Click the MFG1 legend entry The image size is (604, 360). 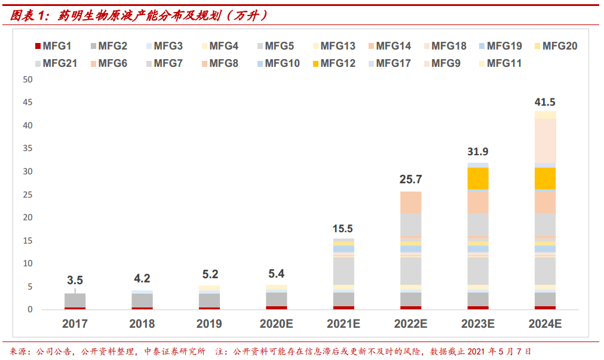[x=53, y=46]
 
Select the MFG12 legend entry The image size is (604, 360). [x=334, y=63]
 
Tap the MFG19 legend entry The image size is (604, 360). [x=501, y=46]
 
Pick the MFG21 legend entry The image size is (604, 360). [x=56, y=63]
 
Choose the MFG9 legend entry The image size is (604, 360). [x=442, y=63]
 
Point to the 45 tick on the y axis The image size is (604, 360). [x=27, y=103]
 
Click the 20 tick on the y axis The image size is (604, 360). [x=27, y=217]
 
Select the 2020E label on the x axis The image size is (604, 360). [x=276, y=324]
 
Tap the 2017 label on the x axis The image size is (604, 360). [x=75, y=324]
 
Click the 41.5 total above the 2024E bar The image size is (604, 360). [x=545, y=102]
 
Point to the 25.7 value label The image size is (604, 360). [x=410, y=180]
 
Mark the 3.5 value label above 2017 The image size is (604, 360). [x=75, y=281]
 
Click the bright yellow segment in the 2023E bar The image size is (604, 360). [x=478, y=179]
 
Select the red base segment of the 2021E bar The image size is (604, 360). [x=344, y=307]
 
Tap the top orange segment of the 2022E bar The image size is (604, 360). [x=410, y=202]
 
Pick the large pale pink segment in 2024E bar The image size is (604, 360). [x=545, y=141]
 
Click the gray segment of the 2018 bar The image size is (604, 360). [x=142, y=301]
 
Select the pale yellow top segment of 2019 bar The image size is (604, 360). [x=209, y=288]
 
